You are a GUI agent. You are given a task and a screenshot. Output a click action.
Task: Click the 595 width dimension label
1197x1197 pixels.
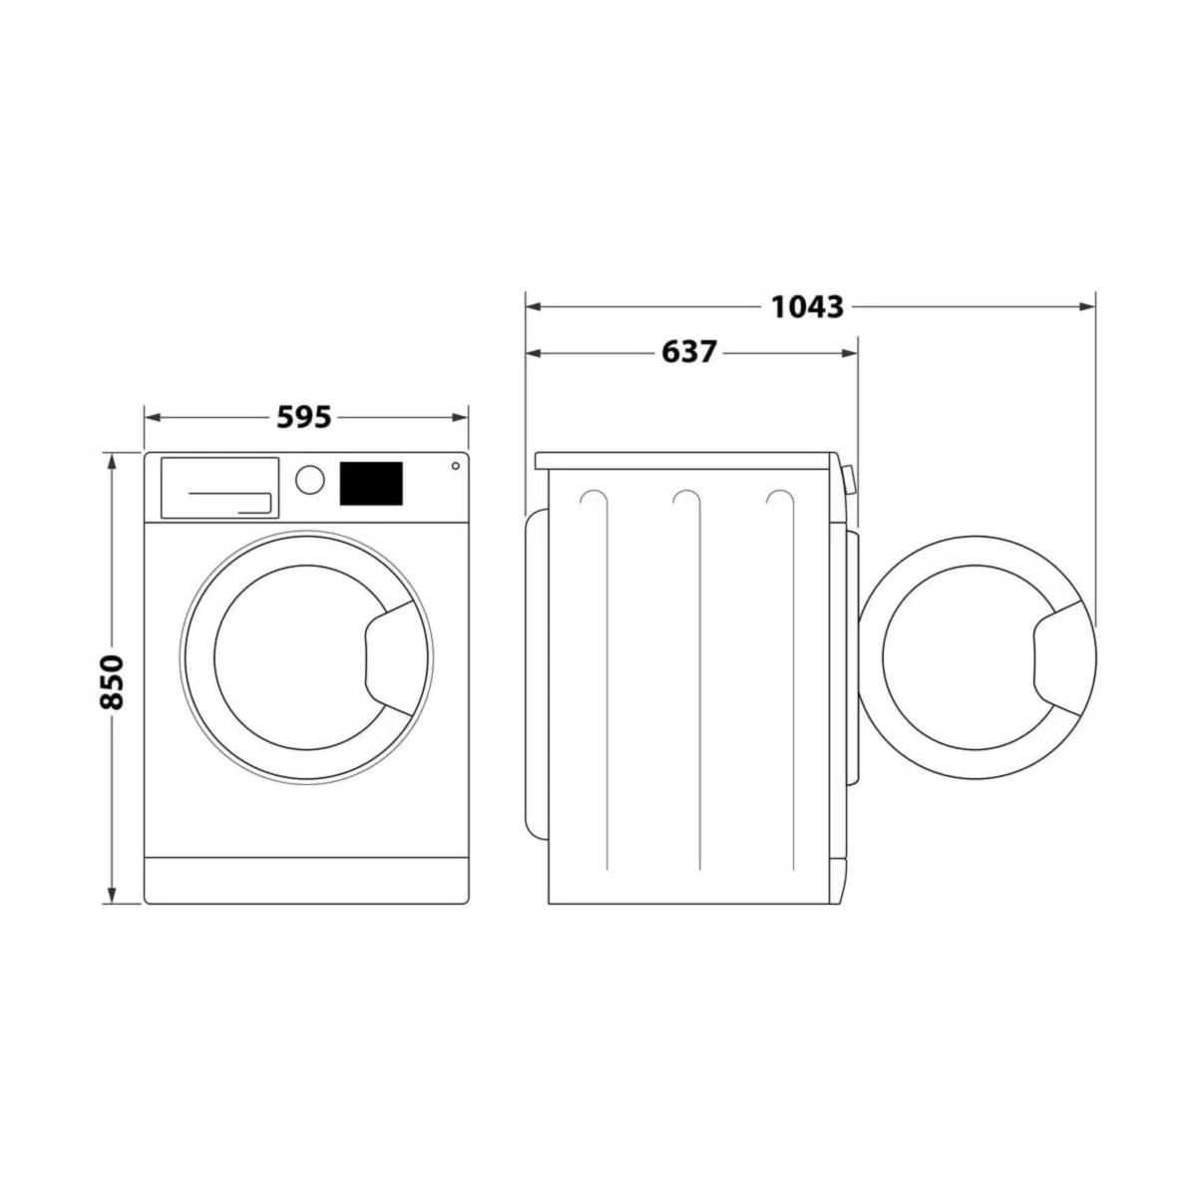pos(304,417)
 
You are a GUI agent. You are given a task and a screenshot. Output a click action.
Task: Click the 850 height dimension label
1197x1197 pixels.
pos(113,681)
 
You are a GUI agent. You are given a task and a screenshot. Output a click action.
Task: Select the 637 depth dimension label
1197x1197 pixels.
pos(689,353)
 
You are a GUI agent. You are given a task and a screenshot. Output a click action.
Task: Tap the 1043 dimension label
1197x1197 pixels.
pos(808,307)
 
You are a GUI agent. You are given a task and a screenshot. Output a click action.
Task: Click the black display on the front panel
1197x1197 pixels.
pos(371,483)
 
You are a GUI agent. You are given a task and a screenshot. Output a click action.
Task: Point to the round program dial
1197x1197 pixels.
pos(310,480)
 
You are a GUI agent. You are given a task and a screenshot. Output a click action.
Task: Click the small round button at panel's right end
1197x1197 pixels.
pos(455,466)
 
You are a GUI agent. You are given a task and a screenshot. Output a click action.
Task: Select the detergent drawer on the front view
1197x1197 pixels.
pos(219,488)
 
